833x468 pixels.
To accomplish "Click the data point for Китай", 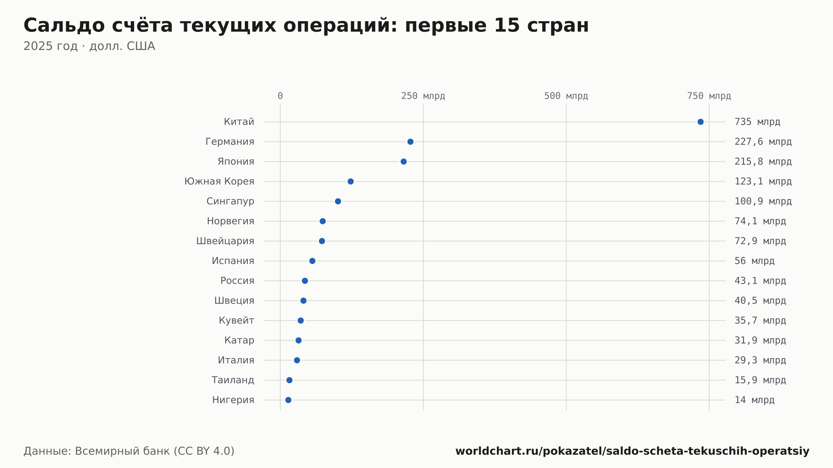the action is point(701,122).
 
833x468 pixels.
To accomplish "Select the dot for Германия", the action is point(410,142).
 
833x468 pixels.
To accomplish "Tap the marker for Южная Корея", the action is point(351,182).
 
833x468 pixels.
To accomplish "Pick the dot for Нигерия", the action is point(288,400).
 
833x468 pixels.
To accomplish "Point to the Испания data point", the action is point(312,261).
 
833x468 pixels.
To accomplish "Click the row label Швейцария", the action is point(225,241).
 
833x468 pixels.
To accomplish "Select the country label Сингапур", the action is point(230,202).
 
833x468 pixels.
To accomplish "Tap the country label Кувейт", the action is point(237,321).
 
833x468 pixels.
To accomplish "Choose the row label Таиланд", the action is point(233,380).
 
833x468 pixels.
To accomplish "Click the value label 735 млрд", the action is point(757,122).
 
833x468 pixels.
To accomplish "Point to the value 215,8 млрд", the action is point(763,162).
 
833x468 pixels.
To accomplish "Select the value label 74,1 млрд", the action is point(760,221).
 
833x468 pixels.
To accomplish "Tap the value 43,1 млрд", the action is point(760,281).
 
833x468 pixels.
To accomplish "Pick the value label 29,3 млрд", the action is point(760,360).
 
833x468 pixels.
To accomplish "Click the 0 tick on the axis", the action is point(280,96).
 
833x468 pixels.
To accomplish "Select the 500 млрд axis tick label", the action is point(566,96).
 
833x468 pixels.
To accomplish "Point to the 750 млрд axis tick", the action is point(709,96).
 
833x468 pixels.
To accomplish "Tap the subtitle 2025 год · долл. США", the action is point(89,46).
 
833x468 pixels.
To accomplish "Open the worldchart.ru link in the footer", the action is point(632,451).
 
